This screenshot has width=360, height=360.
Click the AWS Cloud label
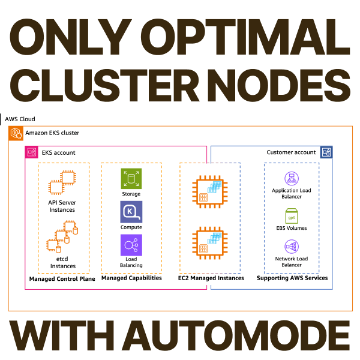(x=20, y=119)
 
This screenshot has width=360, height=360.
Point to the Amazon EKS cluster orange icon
(x=16, y=133)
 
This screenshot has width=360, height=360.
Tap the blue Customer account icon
(x=326, y=152)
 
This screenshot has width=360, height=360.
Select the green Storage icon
(x=131, y=178)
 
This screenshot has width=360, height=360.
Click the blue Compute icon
(x=131, y=212)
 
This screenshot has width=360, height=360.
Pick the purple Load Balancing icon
(x=131, y=245)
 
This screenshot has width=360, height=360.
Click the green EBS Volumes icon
(x=292, y=215)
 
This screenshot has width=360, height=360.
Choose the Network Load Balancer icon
(x=292, y=248)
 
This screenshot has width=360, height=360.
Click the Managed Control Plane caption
(x=62, y=279)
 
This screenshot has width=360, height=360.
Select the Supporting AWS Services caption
(x=292, y=278)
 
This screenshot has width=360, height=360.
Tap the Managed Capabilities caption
(x=131, y=278)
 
